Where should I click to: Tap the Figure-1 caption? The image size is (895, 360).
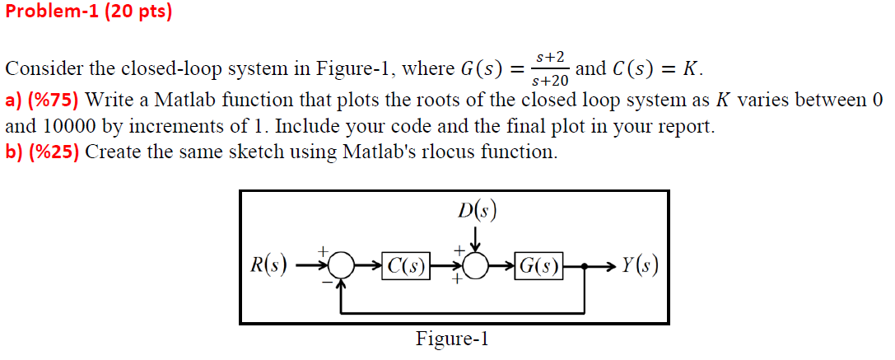click(x=452, y=339)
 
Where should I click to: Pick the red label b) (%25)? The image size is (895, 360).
click(x=42, y=152)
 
